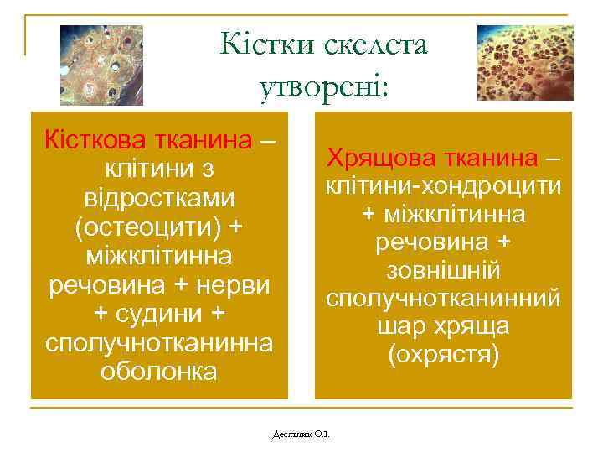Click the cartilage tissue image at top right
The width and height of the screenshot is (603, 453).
point(524,63)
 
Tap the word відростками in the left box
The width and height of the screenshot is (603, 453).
point(159,198)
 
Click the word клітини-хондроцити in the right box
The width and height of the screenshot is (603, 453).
point(443,186)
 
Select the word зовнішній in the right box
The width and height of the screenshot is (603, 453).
point(443,270)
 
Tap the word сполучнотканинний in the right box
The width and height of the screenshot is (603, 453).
point(443,299)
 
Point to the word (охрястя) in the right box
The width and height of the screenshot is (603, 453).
point(443,356)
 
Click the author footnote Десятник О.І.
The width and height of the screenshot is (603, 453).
point(302,435)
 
